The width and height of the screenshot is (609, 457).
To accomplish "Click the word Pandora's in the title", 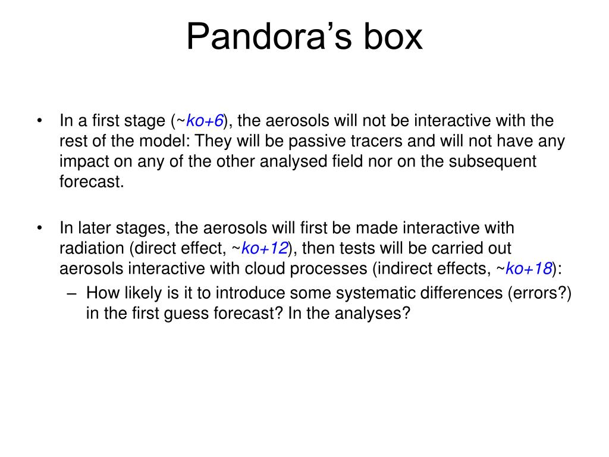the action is pos(269,36).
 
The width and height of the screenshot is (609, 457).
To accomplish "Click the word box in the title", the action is pos(393,36).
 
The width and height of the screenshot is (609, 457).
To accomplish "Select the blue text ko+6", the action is pos(205,120).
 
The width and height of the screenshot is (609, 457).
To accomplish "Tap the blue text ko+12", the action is pos(265,248).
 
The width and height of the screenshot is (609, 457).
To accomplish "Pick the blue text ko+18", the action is pos(529,268).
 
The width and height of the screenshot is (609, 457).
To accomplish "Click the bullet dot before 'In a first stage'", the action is pos(40,120).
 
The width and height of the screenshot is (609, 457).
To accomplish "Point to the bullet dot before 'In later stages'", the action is pos(40,228).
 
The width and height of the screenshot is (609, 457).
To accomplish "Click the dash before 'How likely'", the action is pos(71,293).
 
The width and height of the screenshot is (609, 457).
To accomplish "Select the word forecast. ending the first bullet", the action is pos(92,181).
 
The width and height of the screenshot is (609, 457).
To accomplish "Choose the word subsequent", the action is pos(492,161).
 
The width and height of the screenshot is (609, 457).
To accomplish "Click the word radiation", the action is pos(92,248).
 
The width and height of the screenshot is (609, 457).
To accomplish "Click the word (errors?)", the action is pos(539,293).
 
